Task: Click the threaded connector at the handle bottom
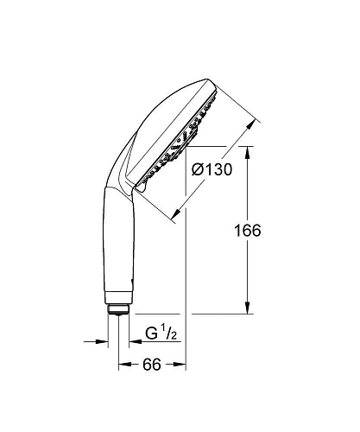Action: [x=119, y=308]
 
